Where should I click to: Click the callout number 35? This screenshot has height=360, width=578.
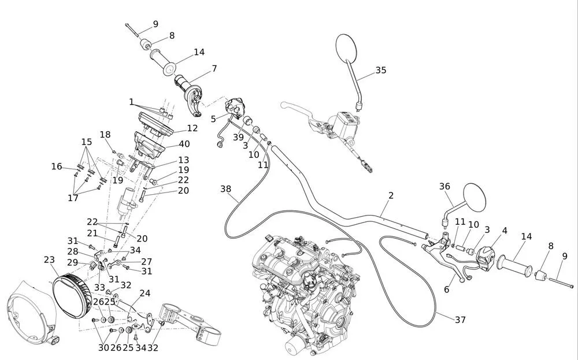[x=381, y=70]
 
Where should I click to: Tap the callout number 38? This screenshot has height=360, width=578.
[x=225, y=189]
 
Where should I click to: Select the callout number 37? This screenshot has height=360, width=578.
[x=460, y=320]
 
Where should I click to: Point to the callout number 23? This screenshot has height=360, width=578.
[x=49, y=260]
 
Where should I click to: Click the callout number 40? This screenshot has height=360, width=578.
[x=184, y=144]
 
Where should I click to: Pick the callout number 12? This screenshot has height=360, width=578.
[x=192, y=128]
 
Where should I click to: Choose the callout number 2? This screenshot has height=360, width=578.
[x=391, y=195]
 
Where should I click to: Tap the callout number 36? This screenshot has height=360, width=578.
[x=444, y=187]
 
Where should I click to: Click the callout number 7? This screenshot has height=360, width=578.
[x=214, y=69]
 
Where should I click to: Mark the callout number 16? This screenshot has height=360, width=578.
[x=57, y=166]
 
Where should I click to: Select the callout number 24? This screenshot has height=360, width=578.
[x=145, y=294]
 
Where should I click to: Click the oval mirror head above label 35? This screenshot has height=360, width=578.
[x=347, y=47]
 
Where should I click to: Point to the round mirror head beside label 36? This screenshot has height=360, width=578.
[x=474, y=198]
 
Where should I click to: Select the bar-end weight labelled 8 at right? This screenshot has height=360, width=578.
[x=540, y=275]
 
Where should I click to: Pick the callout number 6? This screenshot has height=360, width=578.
[x=446, y=290]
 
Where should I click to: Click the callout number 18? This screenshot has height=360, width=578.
[x=105, y=135]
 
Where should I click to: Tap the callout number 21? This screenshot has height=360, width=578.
[x=92, y=233]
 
